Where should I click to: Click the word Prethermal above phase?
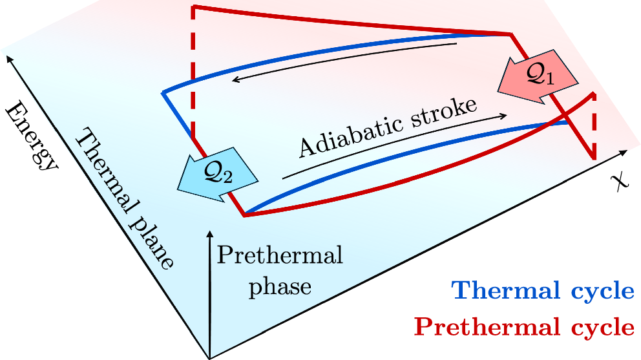point(279,256)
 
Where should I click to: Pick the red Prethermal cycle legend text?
point(524,327)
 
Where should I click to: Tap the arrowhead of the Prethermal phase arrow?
point(209,231)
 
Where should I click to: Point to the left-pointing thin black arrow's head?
point(236,80)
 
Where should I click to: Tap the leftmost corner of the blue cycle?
point(163,94)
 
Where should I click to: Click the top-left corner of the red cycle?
point(193,7)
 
